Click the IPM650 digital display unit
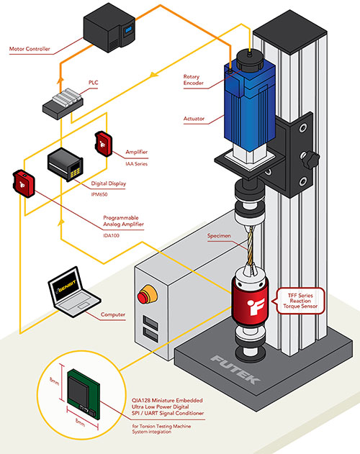[63, 166]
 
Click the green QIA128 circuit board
[84, 396]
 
